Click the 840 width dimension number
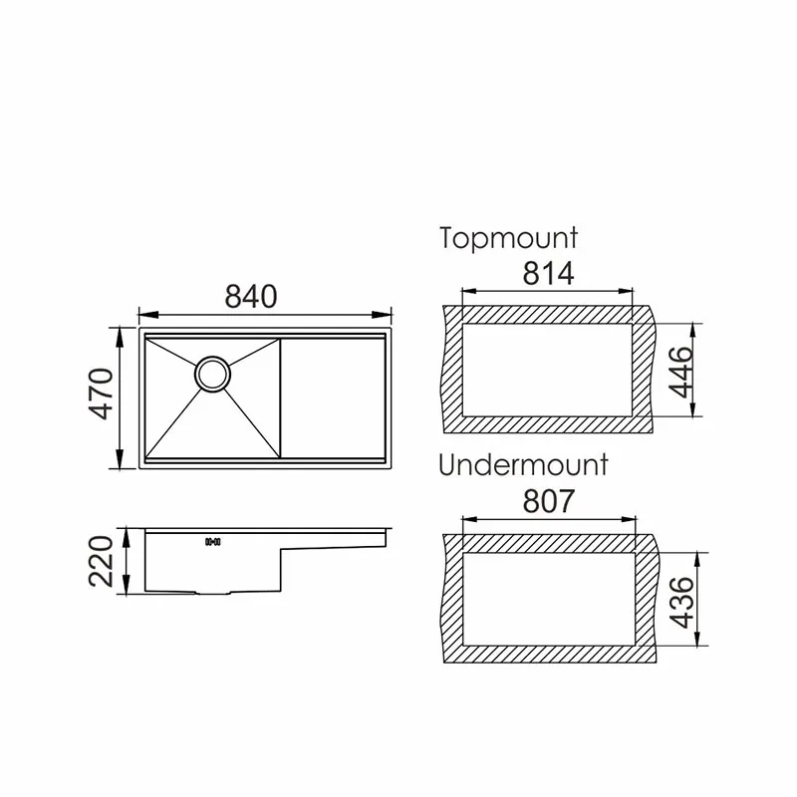pyautogui.click(x=250, y=296)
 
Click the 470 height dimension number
pyautogui.click(x=101, y=398)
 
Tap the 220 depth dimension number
pyautogui.click(x=101, y=562)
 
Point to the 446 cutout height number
pyautogui.click(x=680, y=371)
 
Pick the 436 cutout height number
pyautogui.click(x=680, y=602)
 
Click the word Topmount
pyautogui.click(x=508, y=238)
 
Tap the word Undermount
pyautogui.click(x=523, y=466)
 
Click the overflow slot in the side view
pyautogui.click(x=211, y=542)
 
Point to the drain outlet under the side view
pyautogui.click(x=211, y=593)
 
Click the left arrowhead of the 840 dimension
pyautogui.click(x=140, y=312)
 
